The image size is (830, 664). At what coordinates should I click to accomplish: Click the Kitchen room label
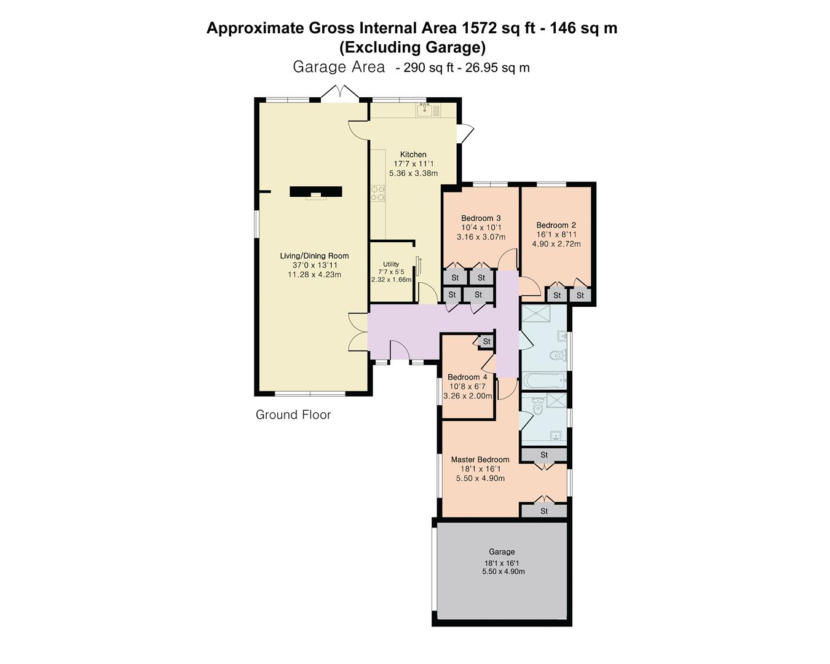pyautogui.click(x=413, y=154)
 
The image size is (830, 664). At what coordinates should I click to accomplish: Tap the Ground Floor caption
pyautogui.click(x=293, y=415)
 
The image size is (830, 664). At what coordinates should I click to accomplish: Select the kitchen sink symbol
pyautogui.click(x=425, y=111)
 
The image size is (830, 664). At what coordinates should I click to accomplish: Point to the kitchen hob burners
pyautogui.click(x=378, y=193)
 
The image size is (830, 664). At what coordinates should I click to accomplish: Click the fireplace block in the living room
pyautogui.click(x=316, y=192)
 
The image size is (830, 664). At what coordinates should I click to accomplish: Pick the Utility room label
pyautogui.click(x=390, y=264)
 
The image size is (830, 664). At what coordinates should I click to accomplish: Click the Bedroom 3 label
pyautogui.click(x=481, y=218)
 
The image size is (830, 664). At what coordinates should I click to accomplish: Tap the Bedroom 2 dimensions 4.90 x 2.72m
pyautogui.click(x=556, y=244)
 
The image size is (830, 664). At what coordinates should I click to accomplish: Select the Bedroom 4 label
pyautogui.click(x=467, y=377)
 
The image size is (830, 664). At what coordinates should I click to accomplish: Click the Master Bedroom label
pyautogui.click(x=480, y=459)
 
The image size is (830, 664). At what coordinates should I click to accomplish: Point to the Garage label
pyautogui.click(x=502, y=551)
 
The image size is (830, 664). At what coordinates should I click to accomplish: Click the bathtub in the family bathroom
pyautogui.click(x=544, y=381)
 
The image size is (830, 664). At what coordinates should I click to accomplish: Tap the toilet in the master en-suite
pyautogui.click(x=537, y=405)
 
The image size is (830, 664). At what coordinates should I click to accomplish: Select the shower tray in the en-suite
pyautogui.click(x=555, y=400)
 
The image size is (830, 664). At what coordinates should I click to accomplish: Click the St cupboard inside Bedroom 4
pyautogui.click(x=486, y=341)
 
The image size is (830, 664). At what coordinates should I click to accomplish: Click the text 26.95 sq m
pyautogui.click(x=497, y=68)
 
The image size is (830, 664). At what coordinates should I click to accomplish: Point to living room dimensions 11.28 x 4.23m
pyautogui.click(x=314, y=275)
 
